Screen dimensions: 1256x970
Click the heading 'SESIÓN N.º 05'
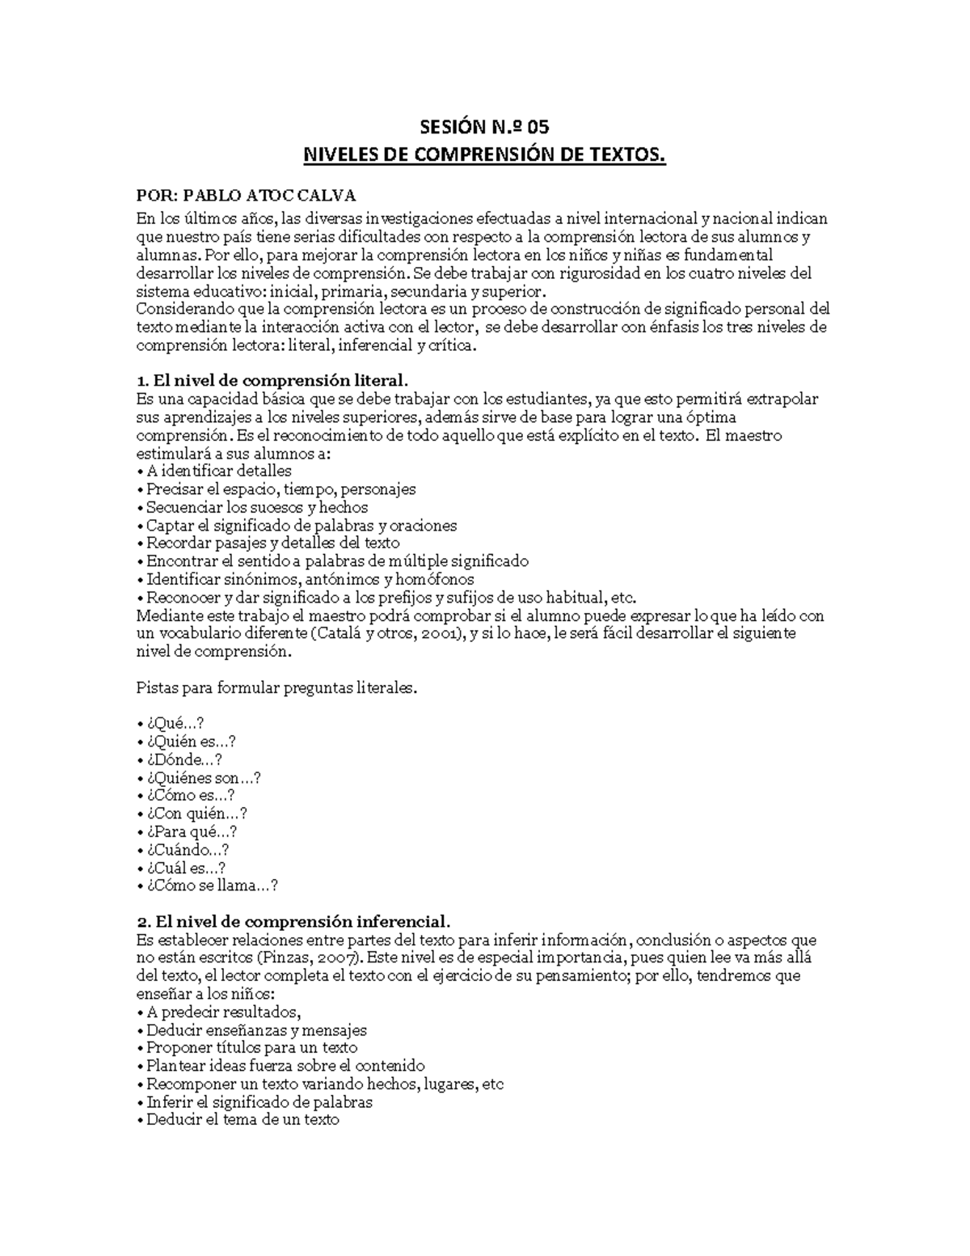tap(484, 127)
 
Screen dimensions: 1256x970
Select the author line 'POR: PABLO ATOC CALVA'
tap(246, 196)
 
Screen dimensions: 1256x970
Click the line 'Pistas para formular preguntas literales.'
tap(278, 687)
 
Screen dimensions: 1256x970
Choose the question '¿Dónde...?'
tap(183, 759)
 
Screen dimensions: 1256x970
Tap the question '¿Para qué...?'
tap(192, 831)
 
